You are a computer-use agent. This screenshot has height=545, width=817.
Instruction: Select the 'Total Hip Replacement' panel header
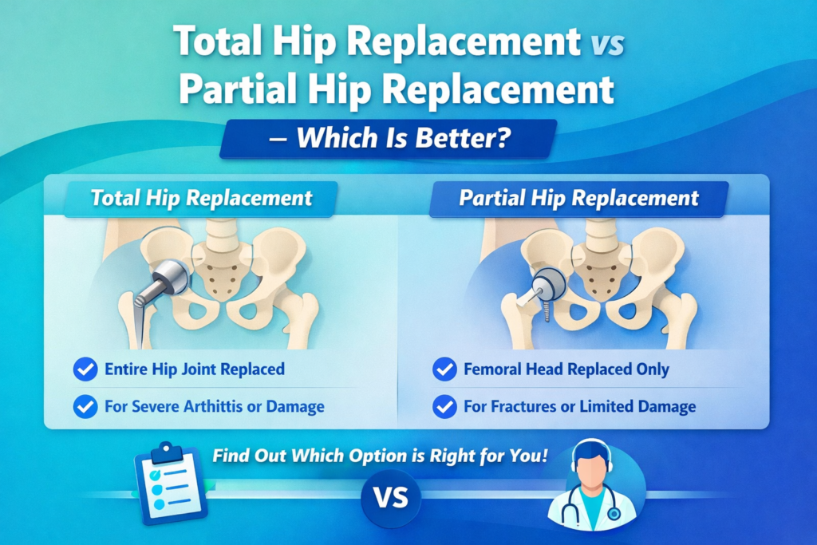pyautogui.click(x=202, y=198)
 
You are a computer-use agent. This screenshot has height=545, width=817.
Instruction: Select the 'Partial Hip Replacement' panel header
pyautogui.click(x=578, y=198)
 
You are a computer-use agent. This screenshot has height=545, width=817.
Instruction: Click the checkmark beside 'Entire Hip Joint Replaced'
pyautogui.click(x=85, y=369)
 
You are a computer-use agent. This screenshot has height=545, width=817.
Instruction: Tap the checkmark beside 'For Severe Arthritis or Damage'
pyautogui.click(x=85, y=407)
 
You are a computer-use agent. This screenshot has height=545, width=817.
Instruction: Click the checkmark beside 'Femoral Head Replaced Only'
pyautogui.click(x=444, y=369)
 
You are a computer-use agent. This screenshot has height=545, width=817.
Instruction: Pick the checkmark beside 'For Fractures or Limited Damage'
pyautogui.click(x=444, y=407)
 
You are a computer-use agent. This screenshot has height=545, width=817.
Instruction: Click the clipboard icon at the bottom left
pyautogui.click(x=169, y=485)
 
